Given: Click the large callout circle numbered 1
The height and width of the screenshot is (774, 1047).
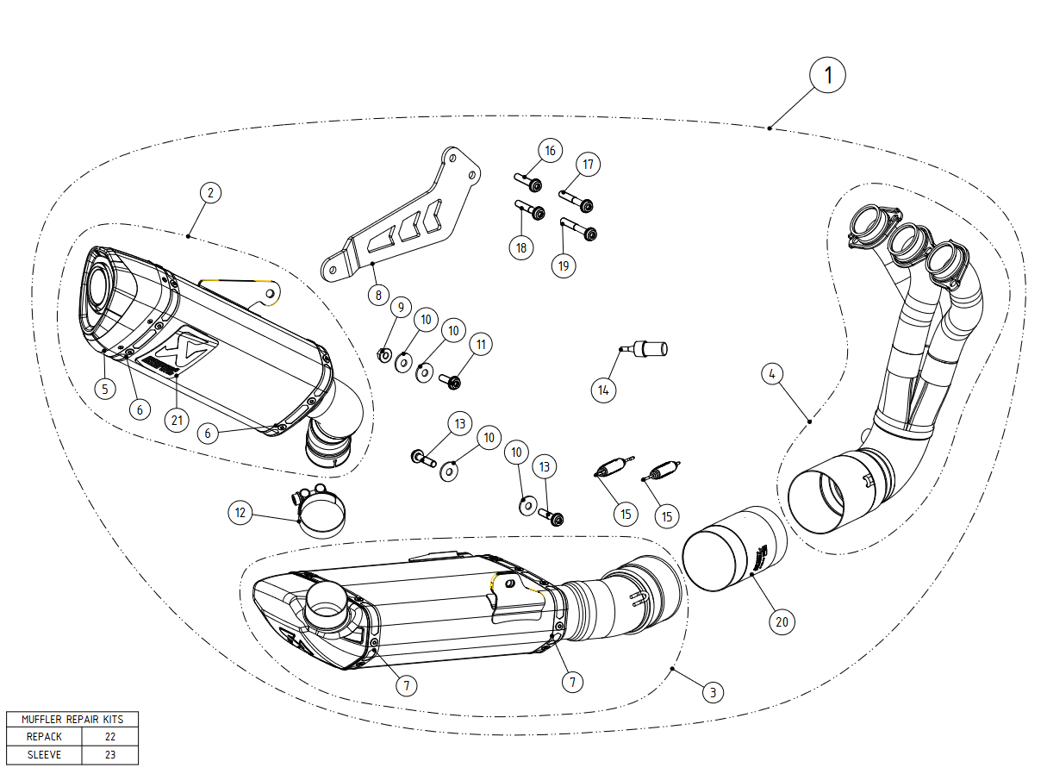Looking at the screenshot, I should [828, 75].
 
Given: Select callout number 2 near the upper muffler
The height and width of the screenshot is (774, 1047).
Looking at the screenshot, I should [210, 193].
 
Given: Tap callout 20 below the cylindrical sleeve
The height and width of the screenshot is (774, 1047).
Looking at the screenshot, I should [782, 621].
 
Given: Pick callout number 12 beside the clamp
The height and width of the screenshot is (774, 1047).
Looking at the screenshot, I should [241, 513].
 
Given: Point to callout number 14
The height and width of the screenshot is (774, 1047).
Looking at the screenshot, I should [603, 390].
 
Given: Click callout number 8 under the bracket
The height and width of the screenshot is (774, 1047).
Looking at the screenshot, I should [378, 295].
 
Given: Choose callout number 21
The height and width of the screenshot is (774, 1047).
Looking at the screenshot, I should [177, 420].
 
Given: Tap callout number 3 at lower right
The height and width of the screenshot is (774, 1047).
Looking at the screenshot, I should [712, 691].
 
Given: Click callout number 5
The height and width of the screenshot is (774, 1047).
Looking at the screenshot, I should [104, 389].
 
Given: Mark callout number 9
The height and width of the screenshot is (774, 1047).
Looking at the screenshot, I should [398, 307].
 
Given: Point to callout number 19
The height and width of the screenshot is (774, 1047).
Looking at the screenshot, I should [564, 265].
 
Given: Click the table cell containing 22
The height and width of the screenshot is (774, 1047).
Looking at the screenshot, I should [109, 737].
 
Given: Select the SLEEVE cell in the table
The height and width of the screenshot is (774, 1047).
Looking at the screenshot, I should [44, 754].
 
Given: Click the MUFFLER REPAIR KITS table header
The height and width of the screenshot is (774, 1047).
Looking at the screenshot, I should [72, 719].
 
